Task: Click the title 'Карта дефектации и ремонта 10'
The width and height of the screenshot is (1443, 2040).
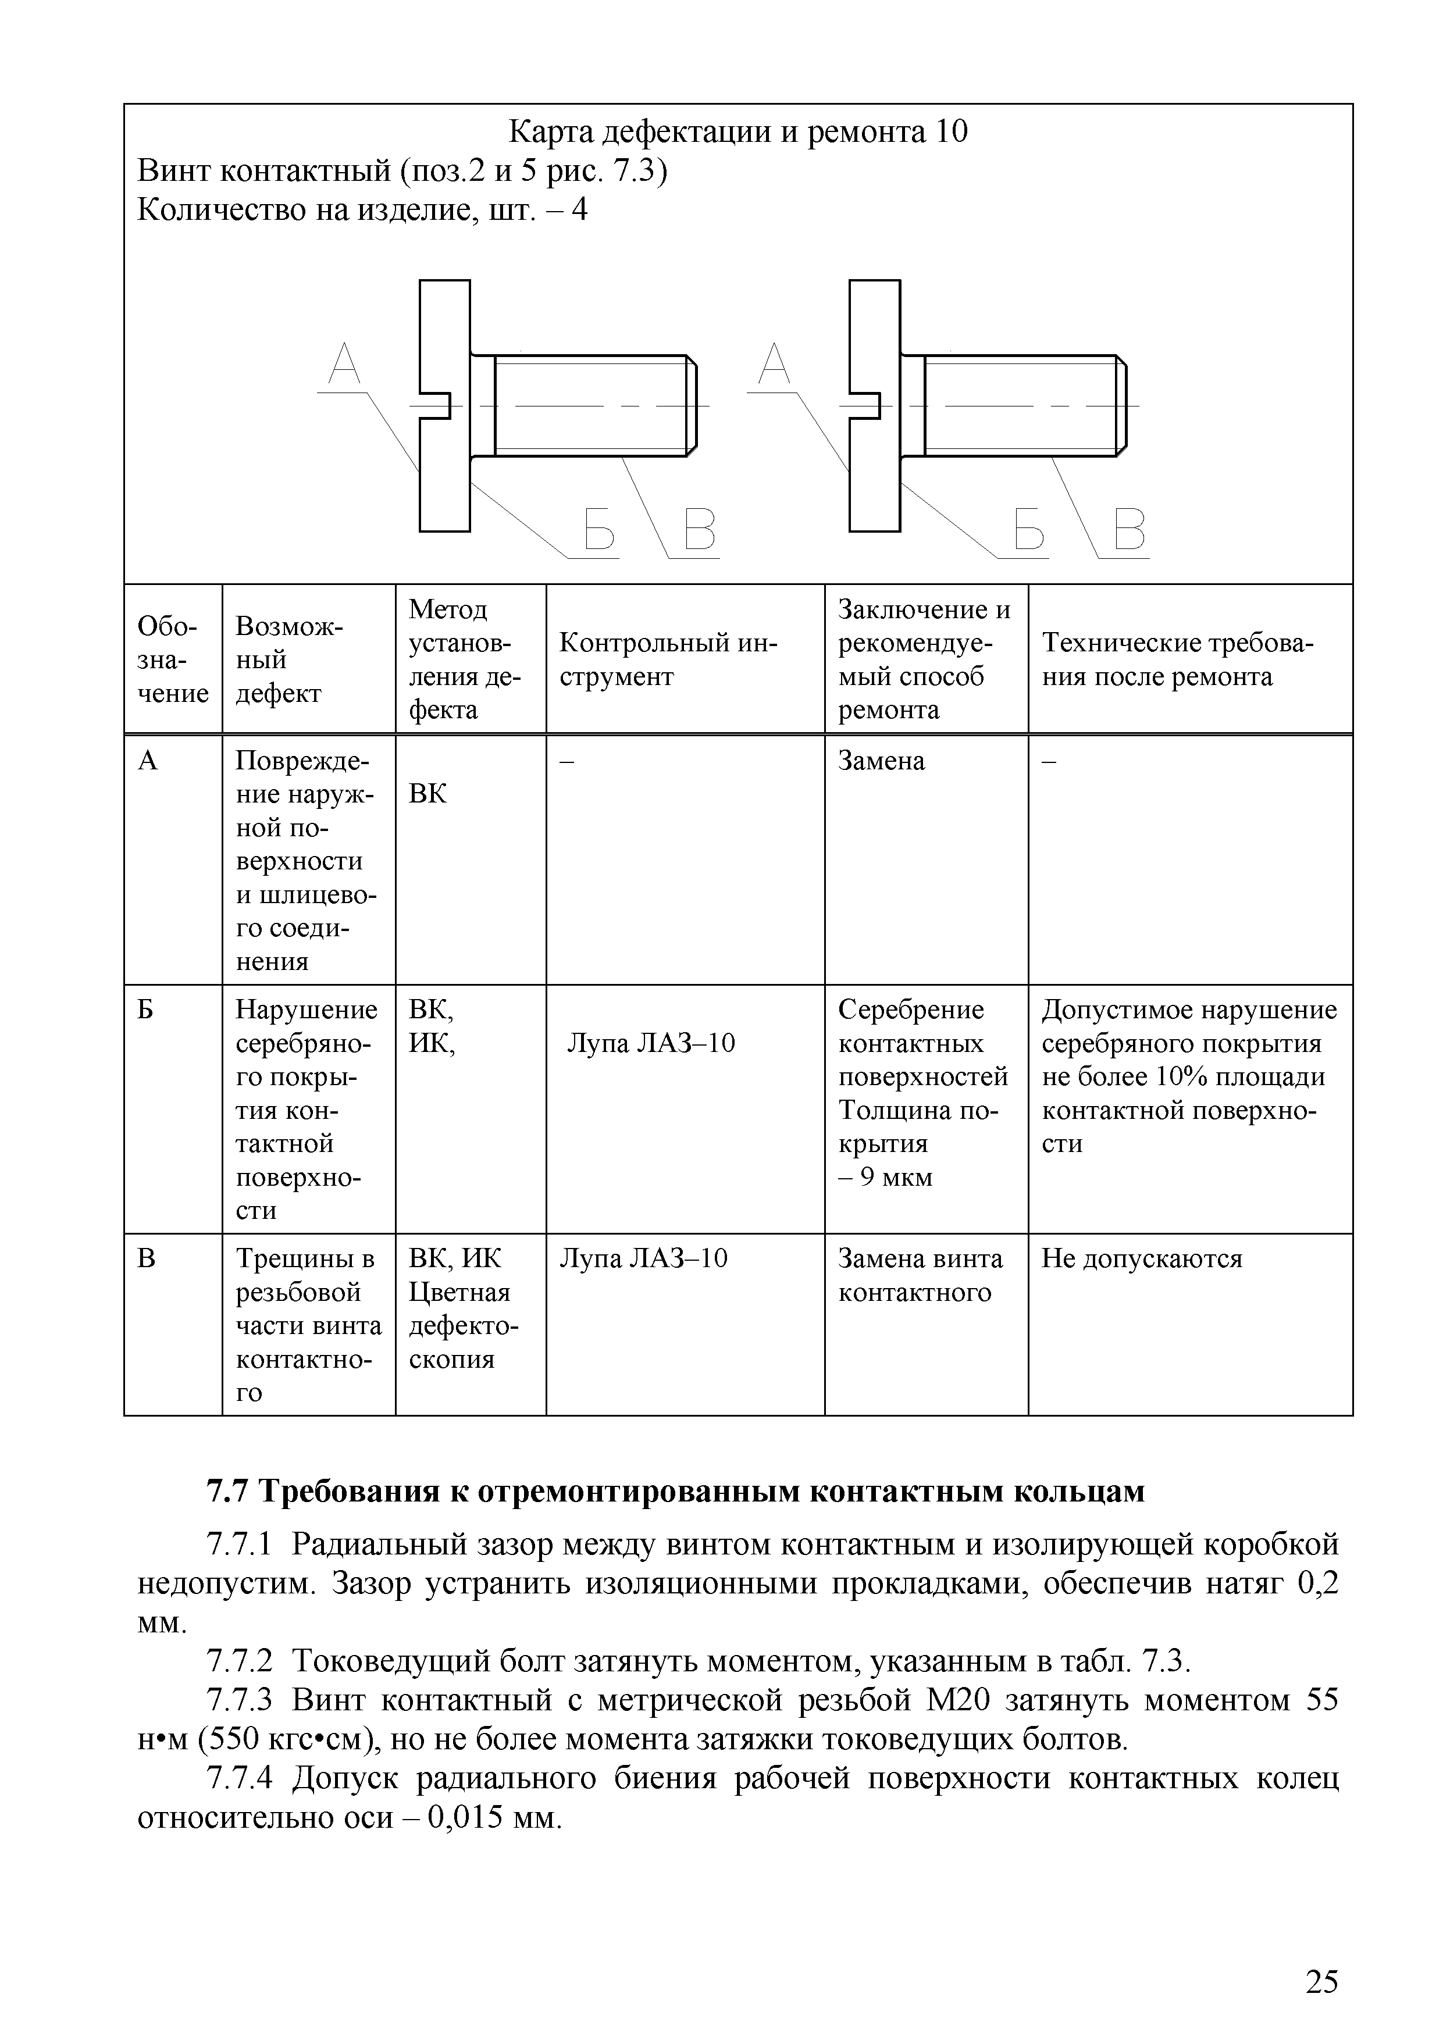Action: click(737, 133)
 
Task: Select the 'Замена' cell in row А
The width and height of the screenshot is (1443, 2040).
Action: click(881, 761)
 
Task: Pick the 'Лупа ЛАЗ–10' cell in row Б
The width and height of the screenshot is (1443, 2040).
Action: click(651, 1043)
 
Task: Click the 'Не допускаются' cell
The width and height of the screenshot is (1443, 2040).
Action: click(1142, 1259)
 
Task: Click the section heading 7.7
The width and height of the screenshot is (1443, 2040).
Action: click(675, 1492)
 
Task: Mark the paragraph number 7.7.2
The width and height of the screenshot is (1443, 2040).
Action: click(238, 1660)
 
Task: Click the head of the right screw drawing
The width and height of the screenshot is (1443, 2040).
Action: click(875, 405)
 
